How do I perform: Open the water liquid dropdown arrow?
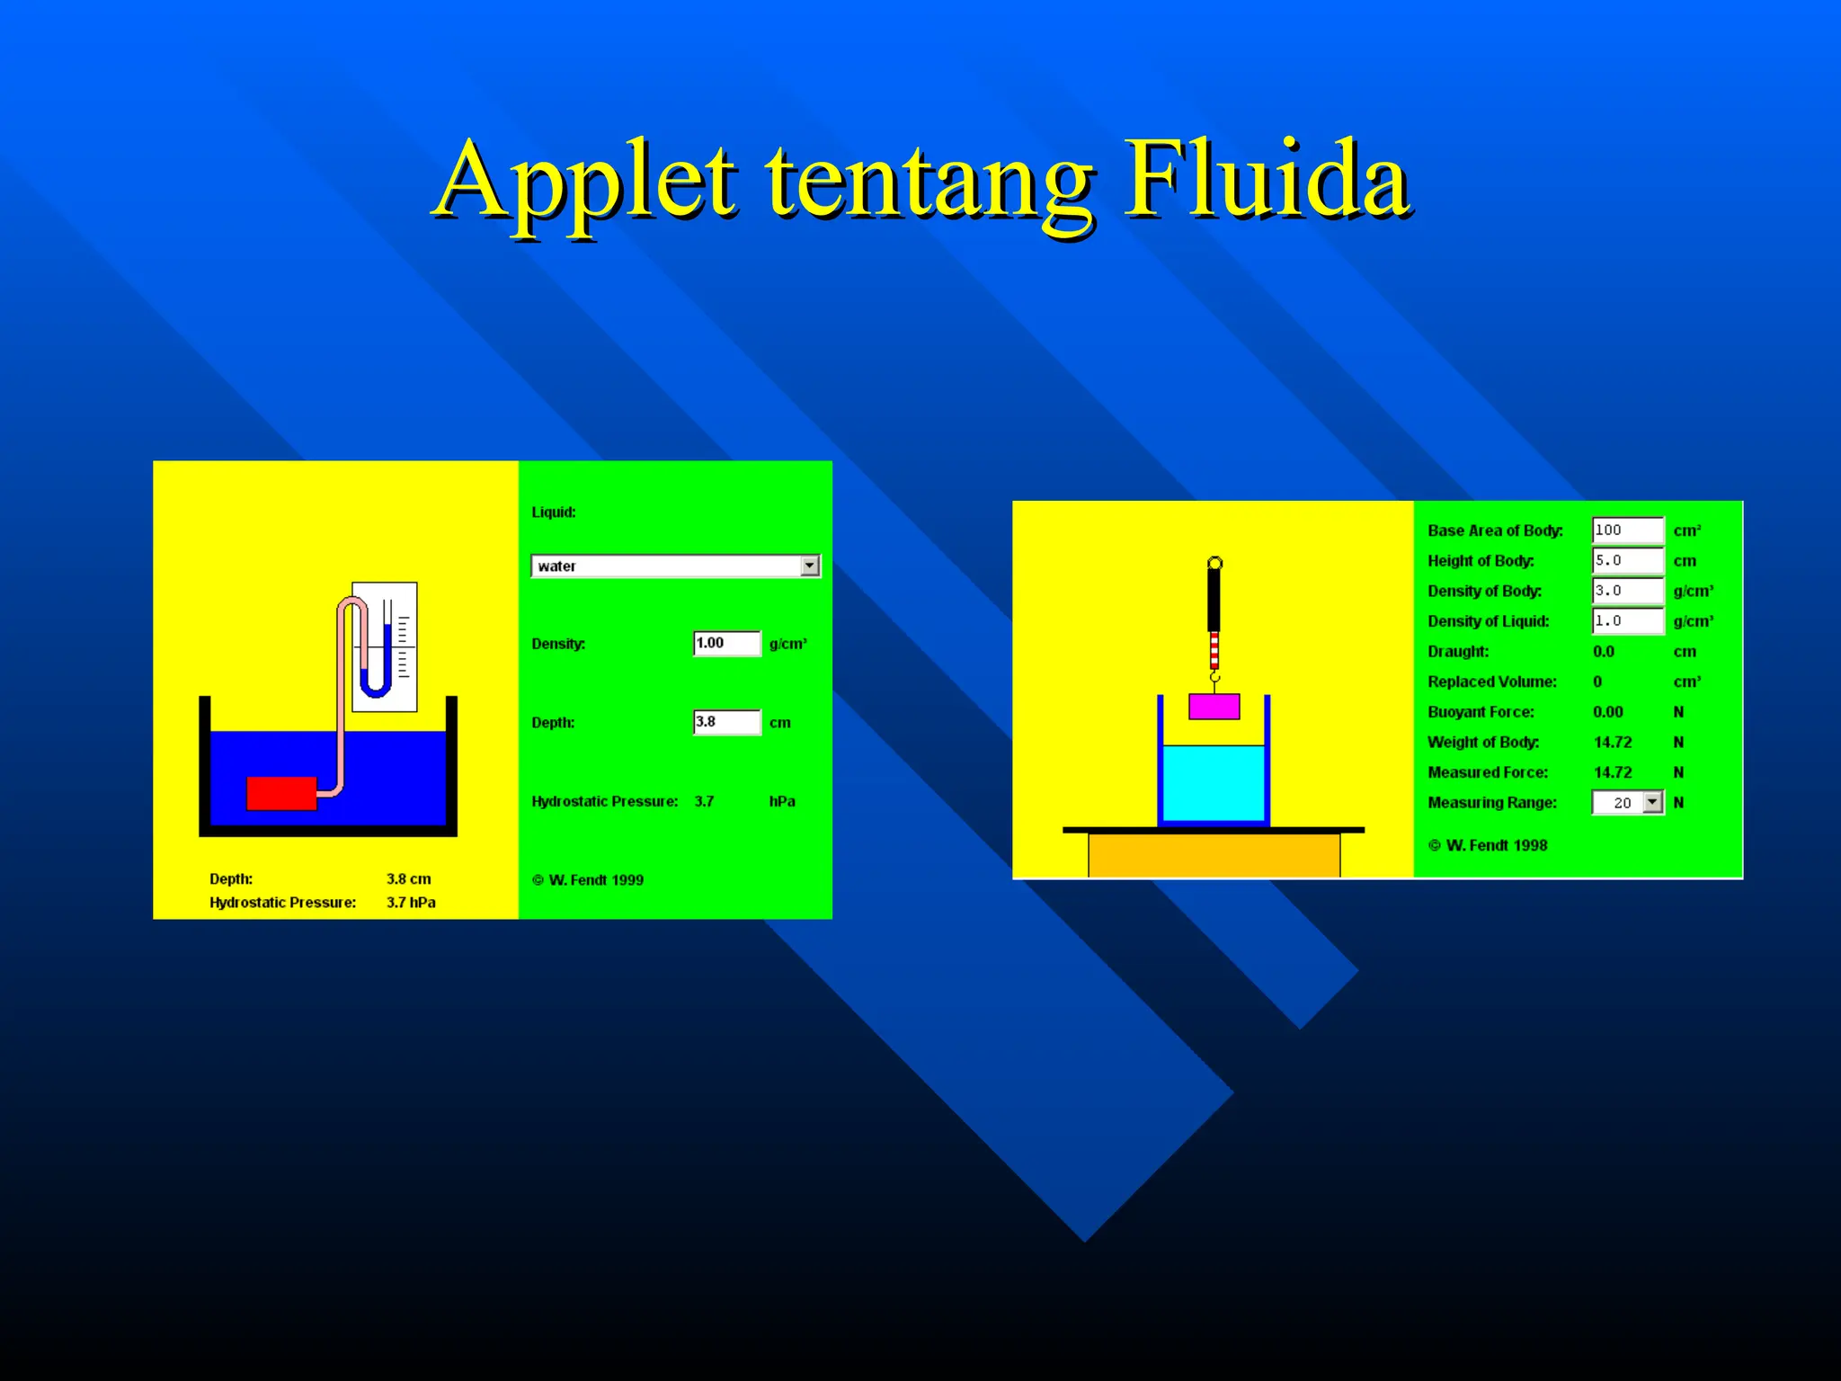(x=810, y=566)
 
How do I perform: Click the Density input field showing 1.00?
(x=726, y=644)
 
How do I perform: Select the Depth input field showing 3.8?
(x=726, y=722)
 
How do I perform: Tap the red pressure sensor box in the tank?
(x=281, y=793)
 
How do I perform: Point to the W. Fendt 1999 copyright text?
(x=588, y=880)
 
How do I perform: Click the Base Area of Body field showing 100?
(x=1627, y=530)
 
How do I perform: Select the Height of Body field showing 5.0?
(x=1627, y=561)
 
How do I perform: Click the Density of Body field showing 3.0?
(x=1627, y=591)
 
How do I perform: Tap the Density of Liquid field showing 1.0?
(x=1627, y=621)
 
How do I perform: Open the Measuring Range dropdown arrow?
(x=1653, y=802)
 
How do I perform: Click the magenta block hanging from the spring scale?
(x=1214, y=707)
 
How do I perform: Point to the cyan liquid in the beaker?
(x=1214, y=782)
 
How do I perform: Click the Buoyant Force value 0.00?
(x=1608, y=712)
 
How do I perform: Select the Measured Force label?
(x=1488, y=772)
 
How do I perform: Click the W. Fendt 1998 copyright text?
(x=1489, y=845)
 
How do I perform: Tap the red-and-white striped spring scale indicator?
(x=1214, y=649)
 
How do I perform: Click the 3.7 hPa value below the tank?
(x=411, y=903)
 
